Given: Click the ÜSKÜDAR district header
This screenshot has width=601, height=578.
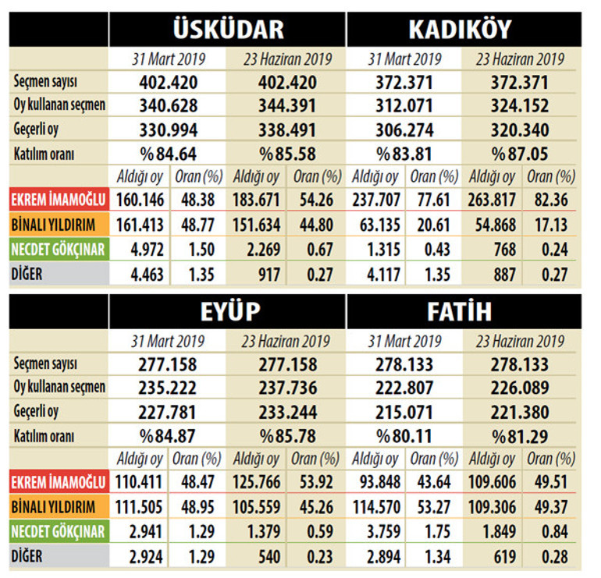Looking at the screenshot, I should tap(228, 30).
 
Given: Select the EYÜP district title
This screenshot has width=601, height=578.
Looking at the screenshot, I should tap(228, 312).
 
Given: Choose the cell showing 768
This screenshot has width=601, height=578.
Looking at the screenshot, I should tap(504, 250).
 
